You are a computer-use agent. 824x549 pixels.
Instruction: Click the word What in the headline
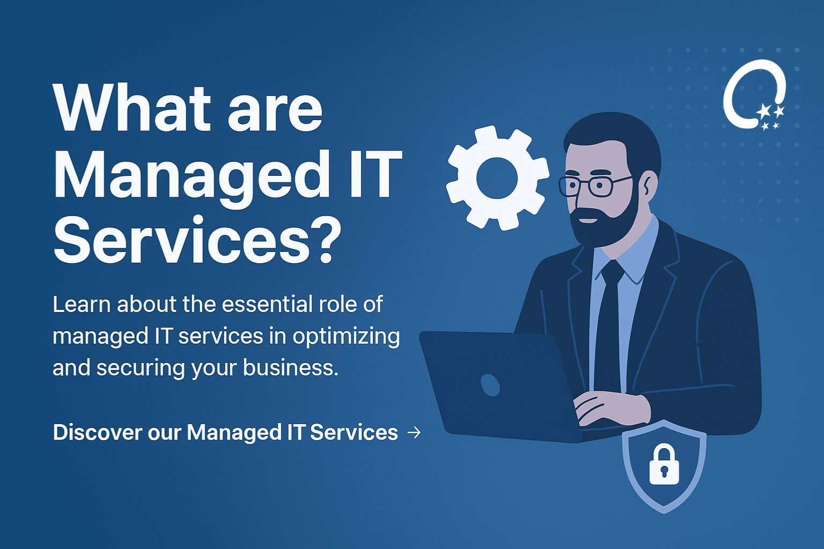pyautogui.click(x=132, y=108)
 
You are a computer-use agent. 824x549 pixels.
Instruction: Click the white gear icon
pyautogui.click(x=497, y=178)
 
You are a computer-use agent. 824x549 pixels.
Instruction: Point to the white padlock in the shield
pyautogui.click(x=664, y=464)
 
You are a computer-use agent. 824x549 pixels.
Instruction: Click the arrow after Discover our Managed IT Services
pyautogui.click(x=414, y=433)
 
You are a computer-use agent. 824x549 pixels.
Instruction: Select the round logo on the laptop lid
pyautogui.click(x=490, y=385)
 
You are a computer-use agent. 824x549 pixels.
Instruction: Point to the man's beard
pyautogui.click(x=604, y=221)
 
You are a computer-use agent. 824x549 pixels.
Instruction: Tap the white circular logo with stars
pyautogui.click(x=754, y=95)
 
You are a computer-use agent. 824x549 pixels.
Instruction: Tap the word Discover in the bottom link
pyautogui.click(x=98, y=433)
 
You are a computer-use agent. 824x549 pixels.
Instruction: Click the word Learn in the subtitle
pyautogui.click(x=82, y=305)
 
